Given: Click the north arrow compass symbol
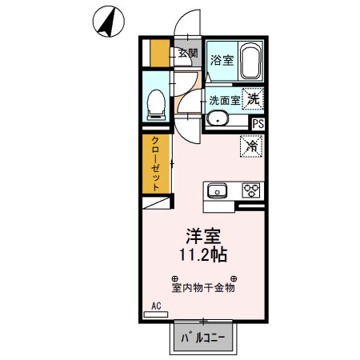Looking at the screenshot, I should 106,21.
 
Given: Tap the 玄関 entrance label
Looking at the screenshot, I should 187,54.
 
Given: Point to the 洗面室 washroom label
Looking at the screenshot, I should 223,101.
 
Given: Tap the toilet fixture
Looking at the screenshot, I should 156,101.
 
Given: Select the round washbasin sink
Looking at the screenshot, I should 217,119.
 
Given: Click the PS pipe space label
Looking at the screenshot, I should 258,124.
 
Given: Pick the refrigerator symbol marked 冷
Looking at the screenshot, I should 251,146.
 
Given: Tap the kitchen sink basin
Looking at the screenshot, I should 218,190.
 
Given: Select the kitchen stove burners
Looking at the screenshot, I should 251,190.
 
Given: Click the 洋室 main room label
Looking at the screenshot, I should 204,236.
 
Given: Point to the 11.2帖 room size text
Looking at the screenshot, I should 203,256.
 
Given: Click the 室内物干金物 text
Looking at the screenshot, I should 203,286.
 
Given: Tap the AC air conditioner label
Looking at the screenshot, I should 156,306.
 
